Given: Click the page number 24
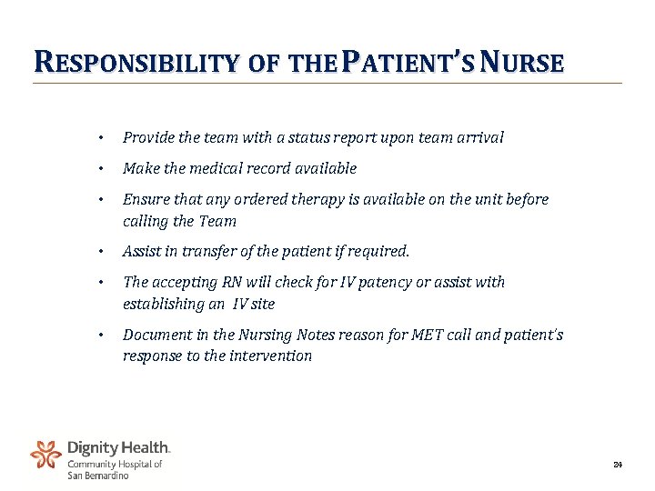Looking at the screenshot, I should pyautogui.click(x=618, y=466).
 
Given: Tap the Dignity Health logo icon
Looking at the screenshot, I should pyautogui.click(x=45, y=455).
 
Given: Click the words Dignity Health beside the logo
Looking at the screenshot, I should pyautogui.click(x=118, y=447).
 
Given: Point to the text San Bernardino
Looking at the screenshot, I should pyautogui.click(x=98, y=476).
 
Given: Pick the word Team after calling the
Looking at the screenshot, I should pyautogui.click(x=218, y=221).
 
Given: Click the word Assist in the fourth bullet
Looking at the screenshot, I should pyautogui.click(x=143, y=251).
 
